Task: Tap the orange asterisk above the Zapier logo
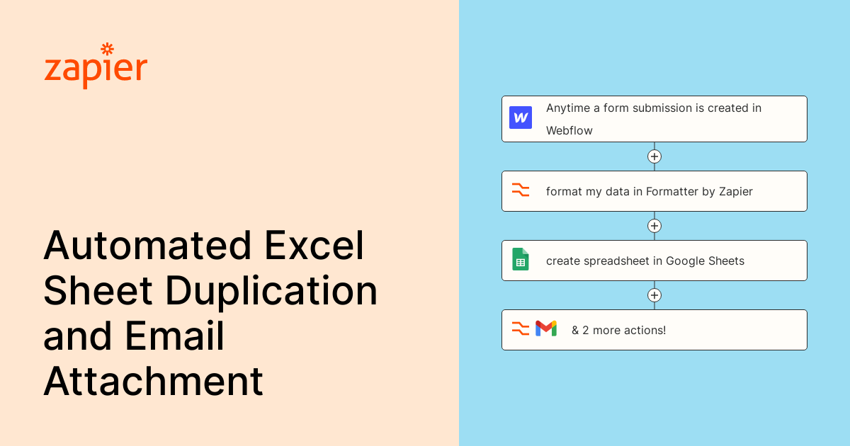107,49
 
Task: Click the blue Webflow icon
521,118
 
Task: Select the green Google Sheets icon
521,260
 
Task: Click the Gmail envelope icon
546,328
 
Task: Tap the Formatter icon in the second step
521,190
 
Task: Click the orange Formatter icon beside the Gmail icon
521,328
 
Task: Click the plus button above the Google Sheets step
654,226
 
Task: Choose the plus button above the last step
654,295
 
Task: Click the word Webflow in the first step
569,130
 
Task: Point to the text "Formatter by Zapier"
699,191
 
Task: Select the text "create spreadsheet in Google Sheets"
645,261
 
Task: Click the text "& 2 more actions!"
618,330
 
